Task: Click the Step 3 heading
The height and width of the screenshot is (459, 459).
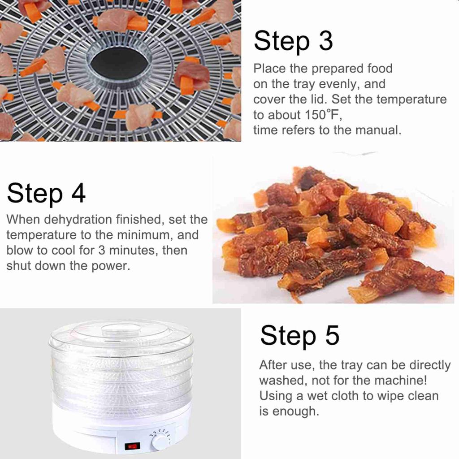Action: (x=293, y=42)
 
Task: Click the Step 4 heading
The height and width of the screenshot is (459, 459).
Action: (x=46, y=194)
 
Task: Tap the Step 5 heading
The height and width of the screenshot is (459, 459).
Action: (x=300, y=336)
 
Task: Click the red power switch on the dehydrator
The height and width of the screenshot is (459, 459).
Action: (x=132, y=446)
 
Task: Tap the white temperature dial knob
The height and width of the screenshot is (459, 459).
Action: (x=160, y=442)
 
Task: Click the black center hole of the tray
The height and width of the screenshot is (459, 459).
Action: (x=120, y=65)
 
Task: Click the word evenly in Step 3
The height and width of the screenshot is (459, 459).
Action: (x=339, y=84)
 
